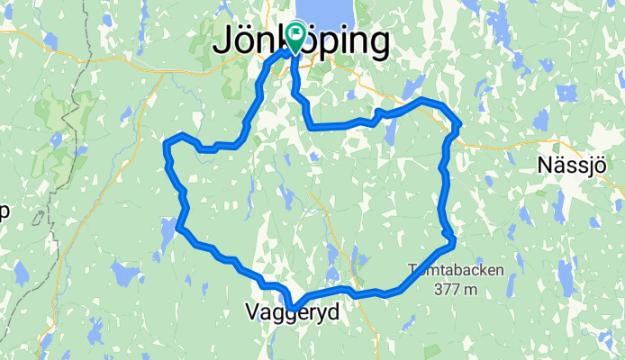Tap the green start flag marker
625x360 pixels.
[x=295, y=37]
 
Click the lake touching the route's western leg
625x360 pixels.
[x=168, y=232]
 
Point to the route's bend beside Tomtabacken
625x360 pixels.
[x=453, y=238]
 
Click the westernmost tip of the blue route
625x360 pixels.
[x=166, y=143]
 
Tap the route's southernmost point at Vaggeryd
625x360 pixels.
[x=291, y=307]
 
